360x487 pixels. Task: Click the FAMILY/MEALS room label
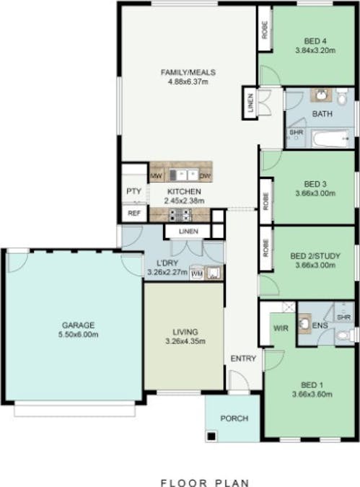[x=188, y=72]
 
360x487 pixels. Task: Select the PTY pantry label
[x=133, y=191]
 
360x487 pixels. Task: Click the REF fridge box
[x=133, y=214]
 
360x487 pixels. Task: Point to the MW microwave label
[x=156, y=175]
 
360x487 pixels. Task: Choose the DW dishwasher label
[x=204, y=175]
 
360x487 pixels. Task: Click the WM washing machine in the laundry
[x=196, y=273]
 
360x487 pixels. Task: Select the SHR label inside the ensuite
[x=343, y=317]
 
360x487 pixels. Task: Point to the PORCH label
[x=234, y=418]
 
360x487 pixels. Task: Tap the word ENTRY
[x=242, y=359]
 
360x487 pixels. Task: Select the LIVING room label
[x=185, y=332]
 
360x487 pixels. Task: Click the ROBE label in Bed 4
[x=265, y=29]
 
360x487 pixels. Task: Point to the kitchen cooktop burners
[x=179, y=214]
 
